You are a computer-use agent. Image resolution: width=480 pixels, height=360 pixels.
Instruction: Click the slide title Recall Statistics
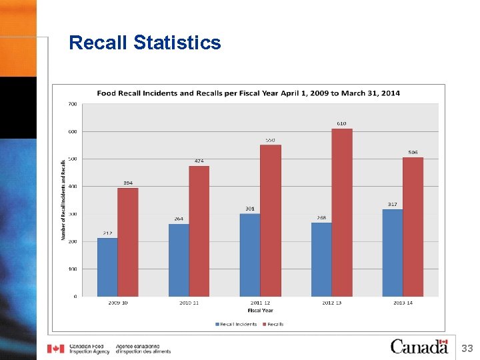point(145,43)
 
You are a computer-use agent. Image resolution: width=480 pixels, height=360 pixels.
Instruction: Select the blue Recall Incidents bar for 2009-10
point(107,267)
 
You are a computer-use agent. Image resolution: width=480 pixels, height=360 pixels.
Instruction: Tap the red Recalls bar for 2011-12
point(271,221)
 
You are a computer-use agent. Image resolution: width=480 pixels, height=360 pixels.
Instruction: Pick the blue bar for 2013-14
point(393,253)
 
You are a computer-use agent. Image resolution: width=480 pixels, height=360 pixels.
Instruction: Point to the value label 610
point(341,123)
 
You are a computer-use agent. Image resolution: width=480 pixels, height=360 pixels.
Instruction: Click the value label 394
point(128,183)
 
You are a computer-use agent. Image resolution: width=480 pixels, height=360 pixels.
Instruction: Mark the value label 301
point(249,209)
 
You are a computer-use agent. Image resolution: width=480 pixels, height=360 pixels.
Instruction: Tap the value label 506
point(413,153)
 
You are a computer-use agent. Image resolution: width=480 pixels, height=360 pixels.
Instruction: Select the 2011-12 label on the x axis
point(260,303)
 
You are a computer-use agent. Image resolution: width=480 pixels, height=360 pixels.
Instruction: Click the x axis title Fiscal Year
point(260,311)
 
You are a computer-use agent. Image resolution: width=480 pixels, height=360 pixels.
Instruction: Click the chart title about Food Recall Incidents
point(248,93)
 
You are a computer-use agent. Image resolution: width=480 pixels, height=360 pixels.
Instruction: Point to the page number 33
point(467,348)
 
